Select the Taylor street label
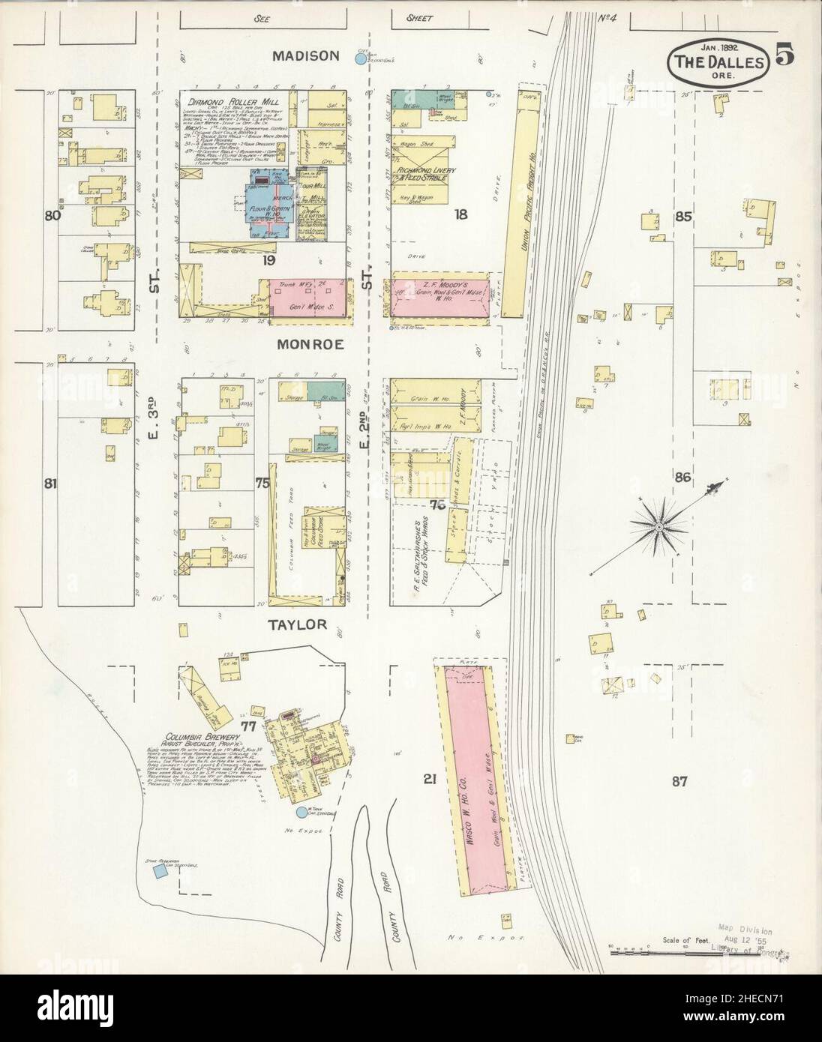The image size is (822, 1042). [298, 624]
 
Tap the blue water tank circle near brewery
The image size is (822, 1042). [301, 812]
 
